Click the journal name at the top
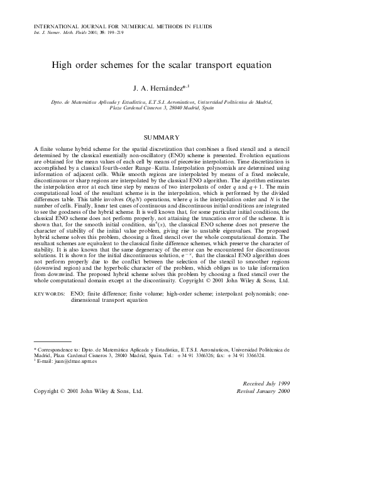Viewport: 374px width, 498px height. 122,27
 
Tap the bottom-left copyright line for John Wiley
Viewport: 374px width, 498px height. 88,390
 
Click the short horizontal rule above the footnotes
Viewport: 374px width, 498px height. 52,341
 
